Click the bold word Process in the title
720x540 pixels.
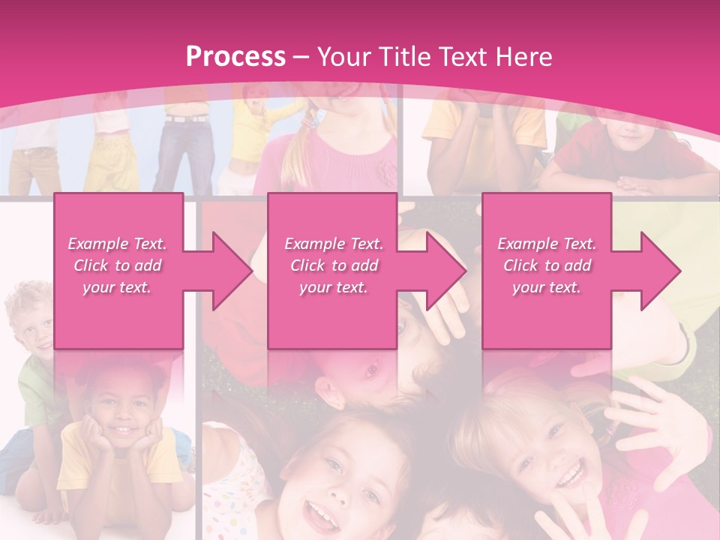tap(235, 56)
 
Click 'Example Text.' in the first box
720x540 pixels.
tap(118, 244)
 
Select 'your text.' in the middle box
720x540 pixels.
tap(334, 287)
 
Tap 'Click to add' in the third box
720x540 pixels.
tap(547, 265)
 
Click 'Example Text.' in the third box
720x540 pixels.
tap(547, 244)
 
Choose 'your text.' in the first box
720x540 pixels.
tap(118, 287)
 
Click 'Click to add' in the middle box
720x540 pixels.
tap(334, 265)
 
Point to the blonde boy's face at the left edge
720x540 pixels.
tap(34, 322)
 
